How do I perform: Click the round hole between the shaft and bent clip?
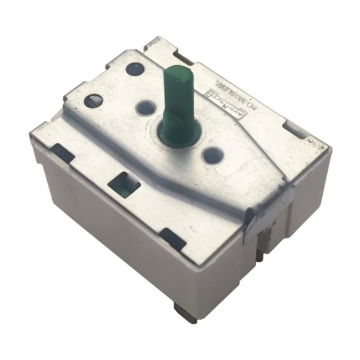click(212, 155)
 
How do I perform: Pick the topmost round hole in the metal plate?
click(135, 68)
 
